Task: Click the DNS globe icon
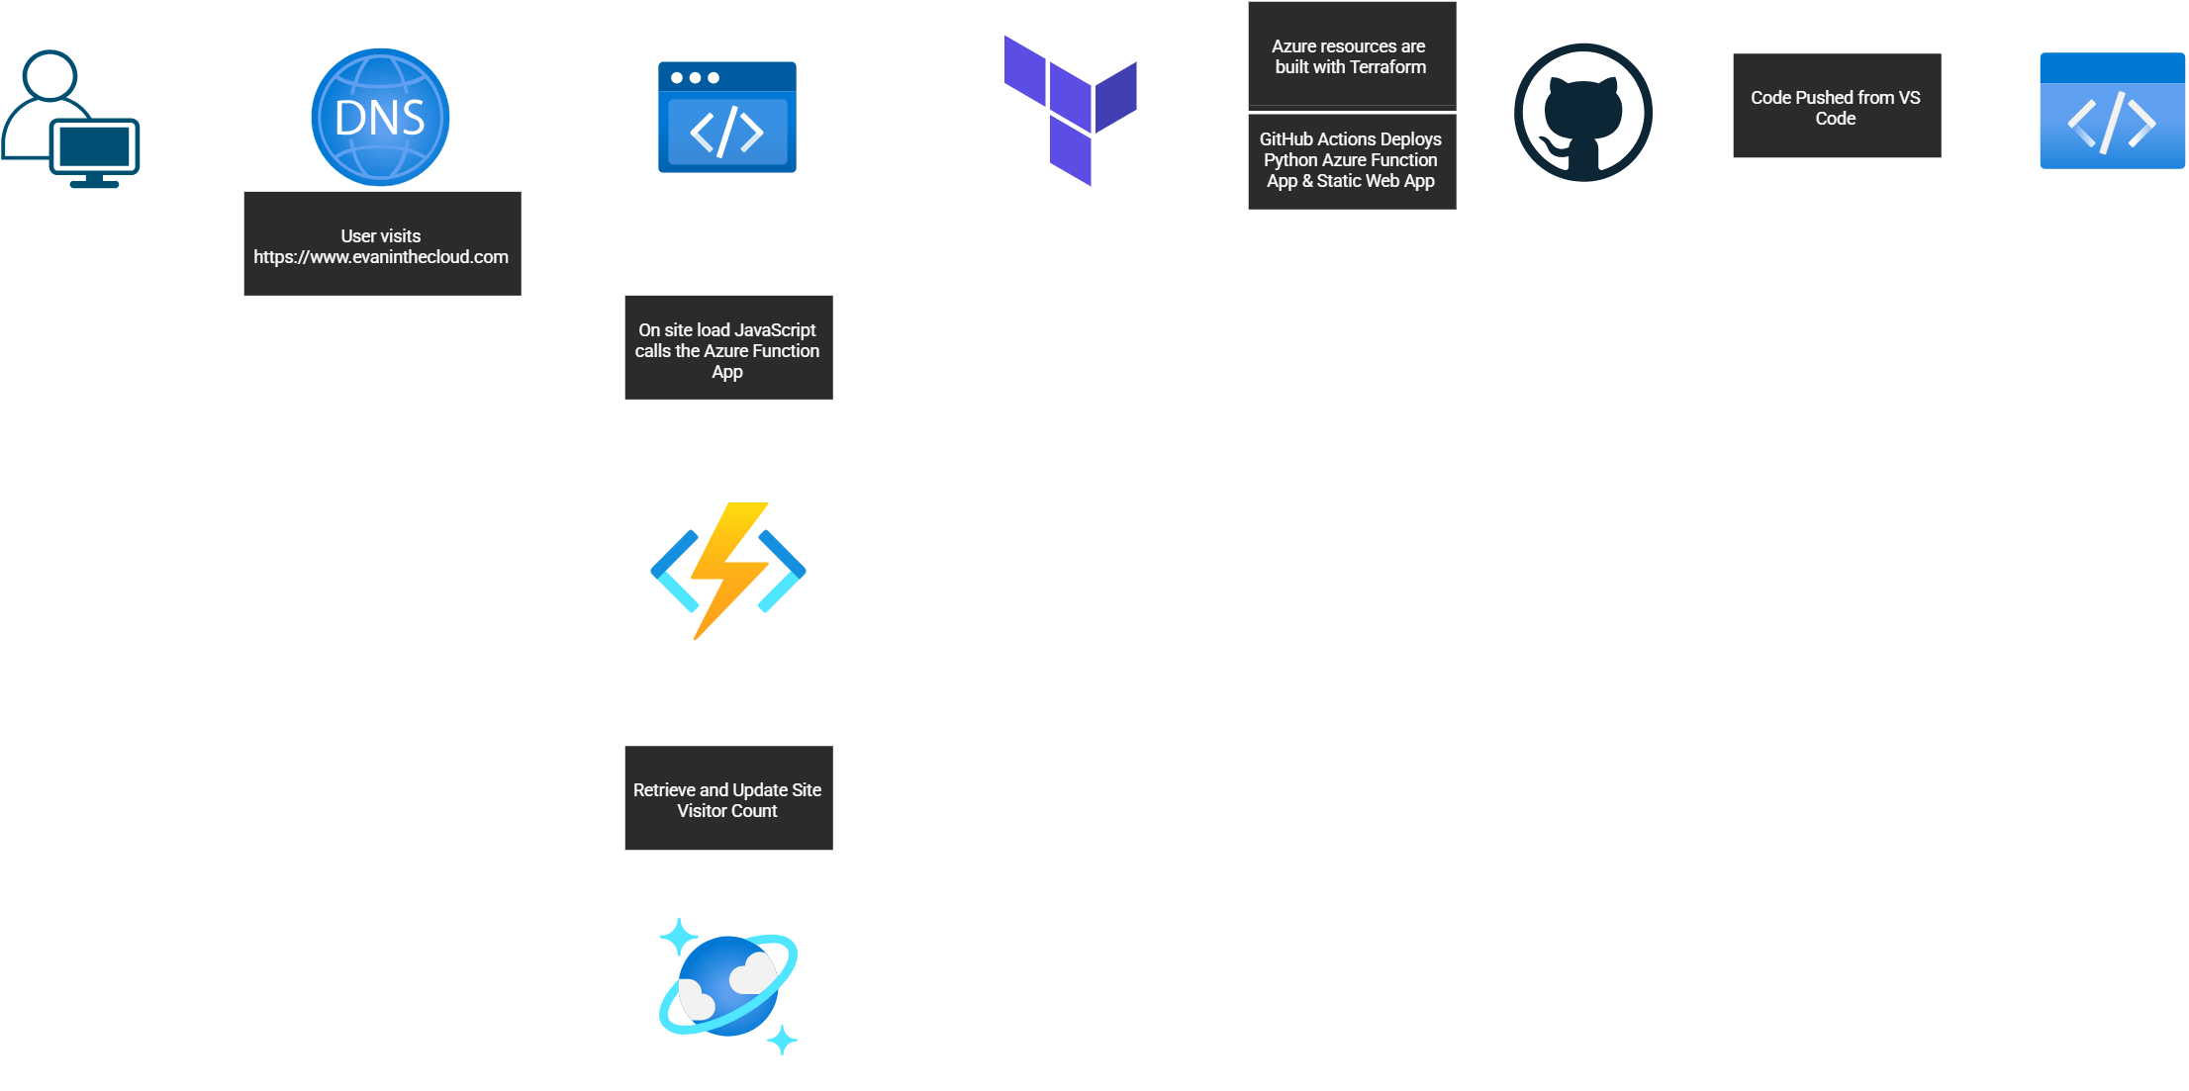[380, 117]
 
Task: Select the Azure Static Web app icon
[727, 117]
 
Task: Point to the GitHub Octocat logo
[1583, 112]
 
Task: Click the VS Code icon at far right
[2112, 111]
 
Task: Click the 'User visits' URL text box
[382, 243]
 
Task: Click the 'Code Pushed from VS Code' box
[1837, 106]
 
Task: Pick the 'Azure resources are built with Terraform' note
[1351, 56]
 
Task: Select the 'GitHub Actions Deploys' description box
[1351, 160]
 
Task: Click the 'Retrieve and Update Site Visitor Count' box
[728, 798]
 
